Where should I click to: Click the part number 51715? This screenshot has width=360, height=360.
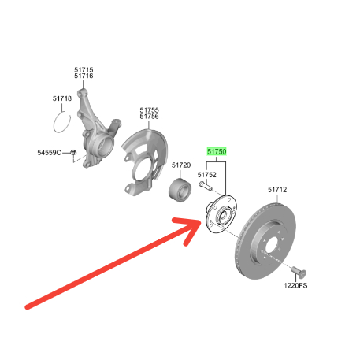pos(84,70)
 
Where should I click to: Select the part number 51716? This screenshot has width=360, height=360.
pos(84,76)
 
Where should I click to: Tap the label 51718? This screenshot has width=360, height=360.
pos(62,98)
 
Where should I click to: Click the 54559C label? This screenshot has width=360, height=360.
pos(49,153)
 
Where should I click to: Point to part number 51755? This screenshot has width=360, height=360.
pos(149,110)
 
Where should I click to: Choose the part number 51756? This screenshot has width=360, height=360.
pos(149,117)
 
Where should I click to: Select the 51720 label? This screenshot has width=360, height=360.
pos(181,165)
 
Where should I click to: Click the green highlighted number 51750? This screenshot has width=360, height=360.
pos(217,151)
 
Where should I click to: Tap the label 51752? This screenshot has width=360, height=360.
pos(207,175)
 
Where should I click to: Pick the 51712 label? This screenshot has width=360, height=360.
pos(277,190)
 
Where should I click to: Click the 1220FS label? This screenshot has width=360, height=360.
pos(295,285)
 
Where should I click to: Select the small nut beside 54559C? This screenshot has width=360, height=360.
pos(73,152)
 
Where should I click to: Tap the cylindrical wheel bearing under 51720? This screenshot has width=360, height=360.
pos(180,190)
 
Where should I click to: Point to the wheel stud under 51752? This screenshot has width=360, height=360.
pos(206,185)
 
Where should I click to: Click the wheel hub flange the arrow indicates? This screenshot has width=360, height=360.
pos(221,214)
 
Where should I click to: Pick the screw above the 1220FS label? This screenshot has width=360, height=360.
pos(299,272)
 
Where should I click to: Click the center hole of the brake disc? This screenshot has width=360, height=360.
pos(271,247)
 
